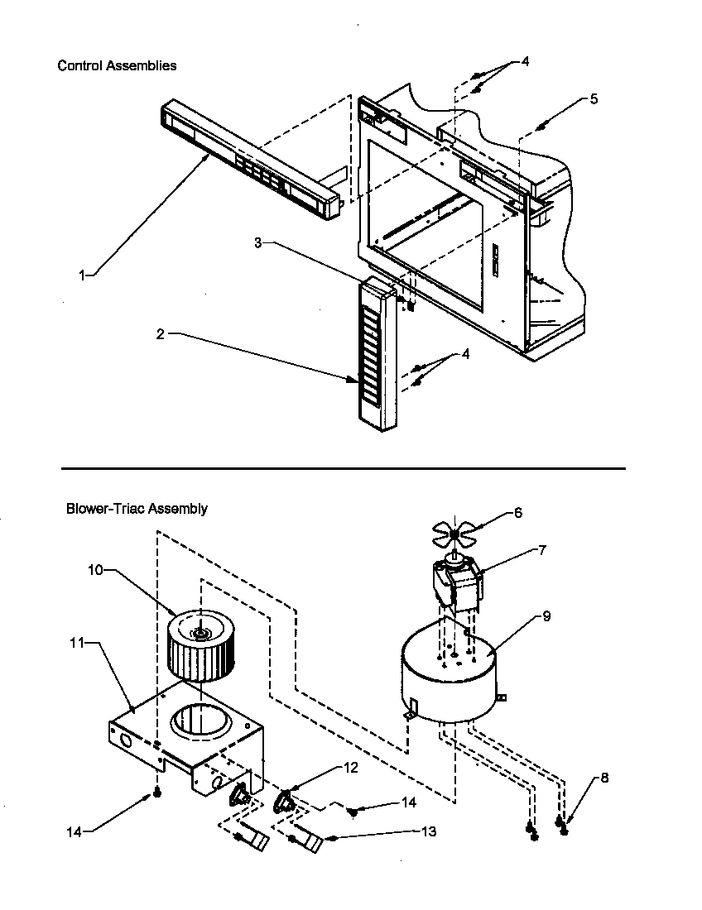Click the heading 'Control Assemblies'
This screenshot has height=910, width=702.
[x=117, y=65]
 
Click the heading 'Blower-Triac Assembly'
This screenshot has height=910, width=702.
[x=137, y=509]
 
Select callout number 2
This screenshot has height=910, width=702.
[x=161, y=334]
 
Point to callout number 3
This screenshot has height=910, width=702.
[x=258, y=242]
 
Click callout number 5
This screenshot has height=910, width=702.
[x=594, y=99]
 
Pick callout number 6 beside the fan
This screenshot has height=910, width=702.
[x=518, y=513]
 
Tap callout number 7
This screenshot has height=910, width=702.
[x=541, y=550]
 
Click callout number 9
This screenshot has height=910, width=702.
[x=546, y=616]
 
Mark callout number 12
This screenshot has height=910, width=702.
[x=351, y=768]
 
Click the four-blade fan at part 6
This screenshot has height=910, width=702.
[x=456, y=534]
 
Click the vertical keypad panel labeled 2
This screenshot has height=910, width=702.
[x=378, y=356]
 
